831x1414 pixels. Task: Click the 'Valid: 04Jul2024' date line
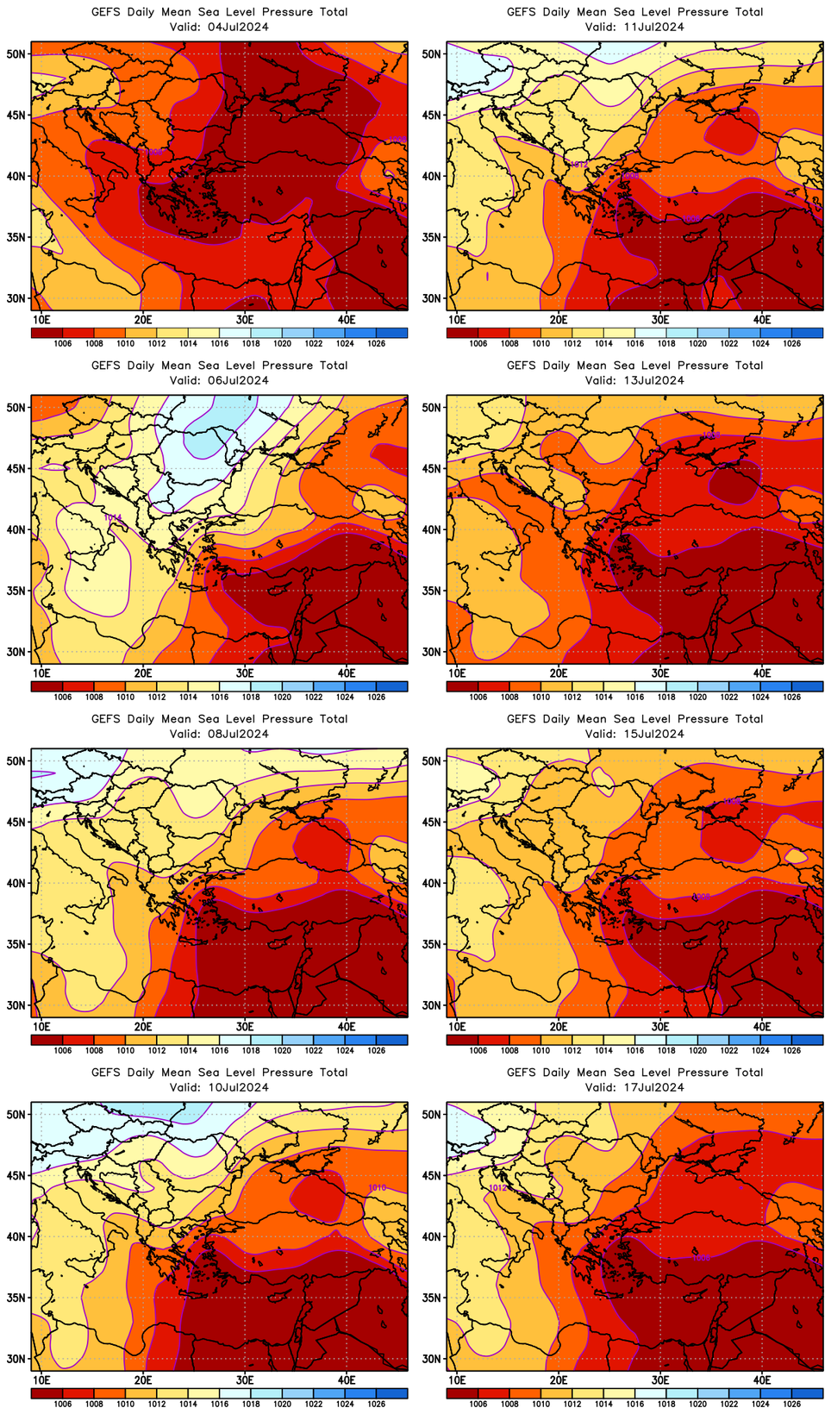pos(219,27)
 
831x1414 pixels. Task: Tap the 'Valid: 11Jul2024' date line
pos(634,27)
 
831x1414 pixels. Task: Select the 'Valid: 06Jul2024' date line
pos(219,380)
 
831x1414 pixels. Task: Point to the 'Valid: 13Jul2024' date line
pos(634,380)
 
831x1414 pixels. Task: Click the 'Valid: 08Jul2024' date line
pos(219,734)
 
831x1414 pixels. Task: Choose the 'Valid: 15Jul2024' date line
pos(634,734)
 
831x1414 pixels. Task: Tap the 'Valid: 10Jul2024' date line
pos(219,1087)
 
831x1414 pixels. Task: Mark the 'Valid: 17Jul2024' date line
pos(634,1087)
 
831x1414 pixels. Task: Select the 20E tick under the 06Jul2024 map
pos(143,673)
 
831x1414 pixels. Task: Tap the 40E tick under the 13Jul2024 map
pos(762,673)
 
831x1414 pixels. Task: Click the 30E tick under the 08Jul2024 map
pos(245,1026)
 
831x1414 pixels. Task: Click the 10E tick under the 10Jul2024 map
pos(41,1380)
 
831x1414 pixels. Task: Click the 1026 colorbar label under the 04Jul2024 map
pos(376,343)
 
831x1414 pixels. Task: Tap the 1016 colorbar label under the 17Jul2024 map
pos(635,1404)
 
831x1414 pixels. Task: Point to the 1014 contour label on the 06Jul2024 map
pos(113,517)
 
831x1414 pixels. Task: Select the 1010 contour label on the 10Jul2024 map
pos(377,1188)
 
